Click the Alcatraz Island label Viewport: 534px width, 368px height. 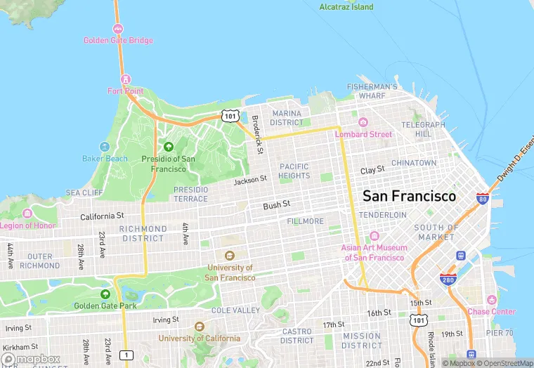point(346,7)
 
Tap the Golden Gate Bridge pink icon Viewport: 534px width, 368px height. point(117,29)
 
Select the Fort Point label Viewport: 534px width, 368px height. point(125,91)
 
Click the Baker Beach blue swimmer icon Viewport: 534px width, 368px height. point(105,147)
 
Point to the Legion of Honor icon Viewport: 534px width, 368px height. point(27,213)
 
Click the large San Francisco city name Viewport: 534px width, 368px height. point(408,196)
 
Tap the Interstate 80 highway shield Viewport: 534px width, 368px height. point(483,199)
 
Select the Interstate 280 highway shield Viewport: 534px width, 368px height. point(448,280)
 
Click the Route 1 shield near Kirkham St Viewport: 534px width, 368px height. point(126,355)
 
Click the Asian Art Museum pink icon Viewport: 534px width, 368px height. point(374,236)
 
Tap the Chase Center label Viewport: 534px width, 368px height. point(491,311)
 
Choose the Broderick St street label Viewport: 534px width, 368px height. point(258,135)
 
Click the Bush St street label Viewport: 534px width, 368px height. point(276,206)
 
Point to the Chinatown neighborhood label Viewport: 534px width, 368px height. point(414,162)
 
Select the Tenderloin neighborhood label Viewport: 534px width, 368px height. point(383,214)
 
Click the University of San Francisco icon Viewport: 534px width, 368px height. point(229,256)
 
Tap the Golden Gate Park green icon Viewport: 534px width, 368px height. point(105,294)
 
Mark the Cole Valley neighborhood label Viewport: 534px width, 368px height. point(235,310)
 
